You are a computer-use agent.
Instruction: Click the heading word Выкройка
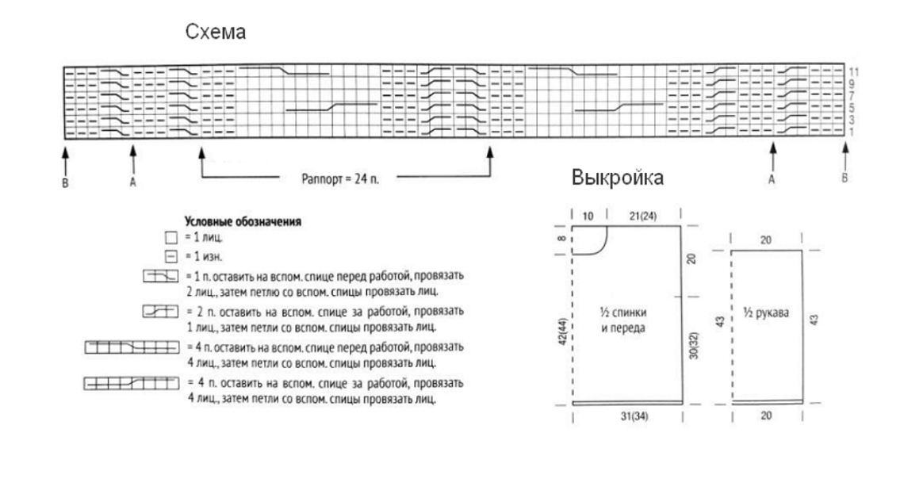pyautogui.click(x=618, y=179)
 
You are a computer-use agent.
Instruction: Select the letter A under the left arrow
pyautogui.click(x=133, y=181)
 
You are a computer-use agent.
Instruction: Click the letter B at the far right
pyautogui.click(x=845, y=178)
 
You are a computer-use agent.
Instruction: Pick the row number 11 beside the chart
pyautogui.click(x=854, y=71)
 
